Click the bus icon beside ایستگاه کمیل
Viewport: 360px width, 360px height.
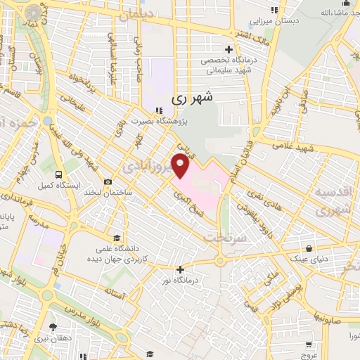(59, 174)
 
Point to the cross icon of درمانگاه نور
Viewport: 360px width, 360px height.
(181, 269)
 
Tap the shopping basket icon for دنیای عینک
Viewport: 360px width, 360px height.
(309, 248)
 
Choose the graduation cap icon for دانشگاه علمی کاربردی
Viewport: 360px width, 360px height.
(124, 238)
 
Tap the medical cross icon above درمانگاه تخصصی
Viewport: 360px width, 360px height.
(229, 49)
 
